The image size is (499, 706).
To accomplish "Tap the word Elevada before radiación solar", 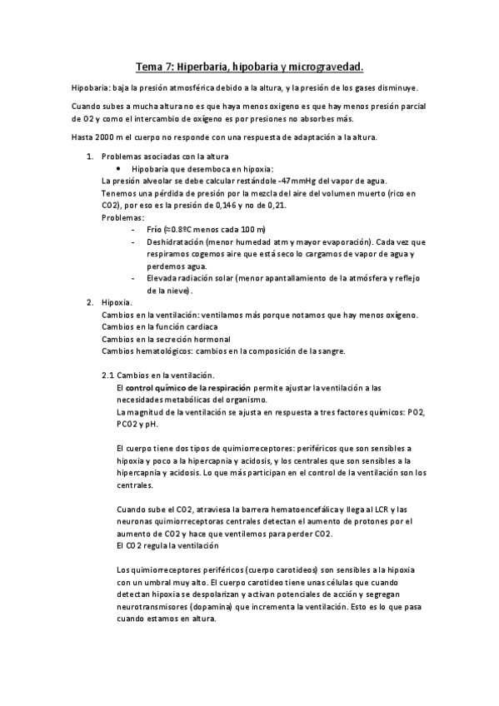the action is click(x=162, y=278).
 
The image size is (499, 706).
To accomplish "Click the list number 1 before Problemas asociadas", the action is click(x=89, y=157).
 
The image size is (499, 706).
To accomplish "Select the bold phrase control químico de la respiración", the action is click(x=177, y=387).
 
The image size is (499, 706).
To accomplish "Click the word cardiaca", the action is click(x=210, y=326).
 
